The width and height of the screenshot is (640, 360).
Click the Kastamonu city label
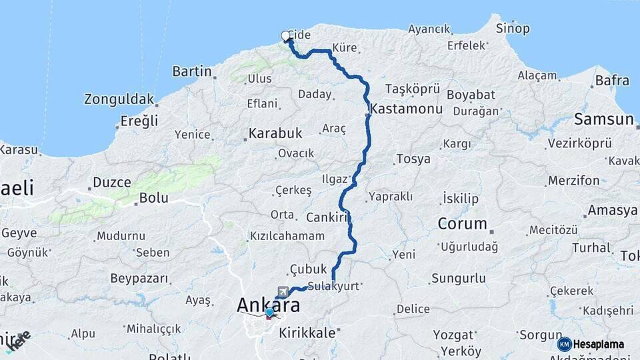[x=407, y=108]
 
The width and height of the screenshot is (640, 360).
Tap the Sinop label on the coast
[x=513, y=29]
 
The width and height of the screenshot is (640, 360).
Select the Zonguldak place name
[x=119, y=99]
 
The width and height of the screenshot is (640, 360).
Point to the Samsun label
[x=603, y=120]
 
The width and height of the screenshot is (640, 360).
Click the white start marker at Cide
[x=286, y=36]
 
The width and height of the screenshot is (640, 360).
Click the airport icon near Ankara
[x=283, y=291]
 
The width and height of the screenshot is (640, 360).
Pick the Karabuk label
[x=275, y=133]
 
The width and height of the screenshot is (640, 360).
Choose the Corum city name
[x=463, y=224]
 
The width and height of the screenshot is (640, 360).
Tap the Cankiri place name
[x=328, y=217]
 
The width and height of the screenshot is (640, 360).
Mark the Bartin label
[x=192, y=71]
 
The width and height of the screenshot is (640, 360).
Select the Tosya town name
[x=413, y=159]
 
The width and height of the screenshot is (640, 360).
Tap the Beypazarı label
[x=139, y=278]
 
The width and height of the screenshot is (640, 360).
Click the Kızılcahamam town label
[x=287, y=236]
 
